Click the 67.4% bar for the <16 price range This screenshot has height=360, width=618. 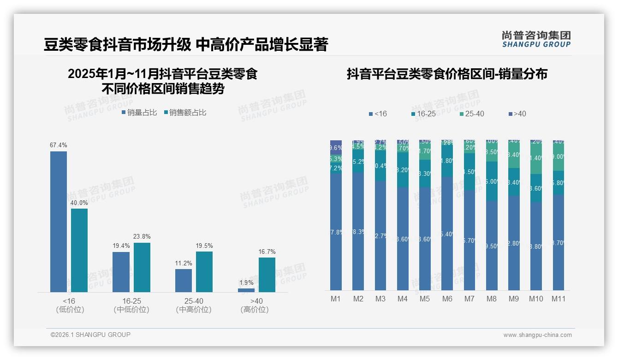coord(59,222)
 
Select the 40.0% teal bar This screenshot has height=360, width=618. coord(79,250)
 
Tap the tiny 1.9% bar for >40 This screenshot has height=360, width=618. coord(246,290)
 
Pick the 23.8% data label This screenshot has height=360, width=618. coord(142,236)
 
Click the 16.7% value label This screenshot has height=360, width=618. coord(267,252)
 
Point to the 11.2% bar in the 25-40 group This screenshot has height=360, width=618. coord(184,281)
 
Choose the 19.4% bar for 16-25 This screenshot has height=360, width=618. coord(121,272)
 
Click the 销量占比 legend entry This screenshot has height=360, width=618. coord(139,112)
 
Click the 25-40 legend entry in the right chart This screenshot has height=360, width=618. coord(472,114)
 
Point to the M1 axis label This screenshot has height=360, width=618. coord(336,299)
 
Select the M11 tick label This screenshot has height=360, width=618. coord(559,299)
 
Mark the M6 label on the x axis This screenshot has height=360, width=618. coord(447,299)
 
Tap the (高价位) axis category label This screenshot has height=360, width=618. coord(255,310)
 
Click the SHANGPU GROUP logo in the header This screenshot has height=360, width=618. coord(536,39)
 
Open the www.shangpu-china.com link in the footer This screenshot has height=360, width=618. coord(537,335)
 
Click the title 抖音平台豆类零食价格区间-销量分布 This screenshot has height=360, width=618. coord(447,74)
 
